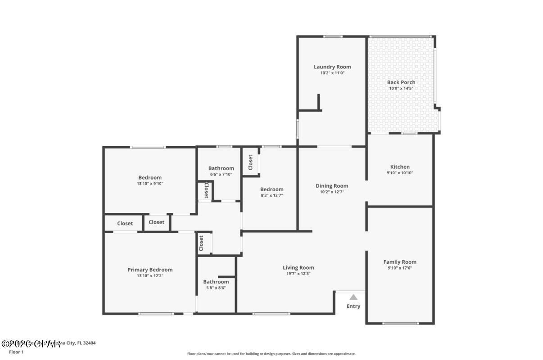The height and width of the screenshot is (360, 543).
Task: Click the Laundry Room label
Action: click(332, 67)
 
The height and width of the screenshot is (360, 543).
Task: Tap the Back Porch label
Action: click(401, 82)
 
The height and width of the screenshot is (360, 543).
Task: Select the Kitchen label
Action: click(400, 167)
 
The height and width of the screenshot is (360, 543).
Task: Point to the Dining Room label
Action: click(332, 186)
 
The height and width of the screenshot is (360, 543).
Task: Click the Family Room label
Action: click(400, 262)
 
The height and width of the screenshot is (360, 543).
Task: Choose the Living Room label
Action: click(298, 268)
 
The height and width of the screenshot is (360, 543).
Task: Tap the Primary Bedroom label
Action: click(150, 270)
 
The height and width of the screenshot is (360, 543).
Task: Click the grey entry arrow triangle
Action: click(353, 297)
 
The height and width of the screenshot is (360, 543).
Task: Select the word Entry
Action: click(353, 306)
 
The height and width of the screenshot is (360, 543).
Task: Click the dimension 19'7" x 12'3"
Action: click(298, 274)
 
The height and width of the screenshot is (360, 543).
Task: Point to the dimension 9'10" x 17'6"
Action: click(400, 268)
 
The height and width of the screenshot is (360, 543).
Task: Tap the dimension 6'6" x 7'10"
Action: click(221, 174)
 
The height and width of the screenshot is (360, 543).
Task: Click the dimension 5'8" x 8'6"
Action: click(216, 288)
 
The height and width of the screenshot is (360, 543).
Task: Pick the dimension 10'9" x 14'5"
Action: click(401, 88)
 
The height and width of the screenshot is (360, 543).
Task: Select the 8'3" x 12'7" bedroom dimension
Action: click(271, 195)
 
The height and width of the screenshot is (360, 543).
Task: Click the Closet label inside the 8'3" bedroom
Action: click(251, 162)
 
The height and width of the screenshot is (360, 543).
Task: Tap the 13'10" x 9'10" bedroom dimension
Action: click(150, 184)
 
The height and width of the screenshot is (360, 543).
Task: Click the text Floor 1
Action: click(16, 352)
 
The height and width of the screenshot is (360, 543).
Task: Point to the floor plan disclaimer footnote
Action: click(271, 354)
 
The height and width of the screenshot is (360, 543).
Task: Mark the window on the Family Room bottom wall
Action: click(400, 323)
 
